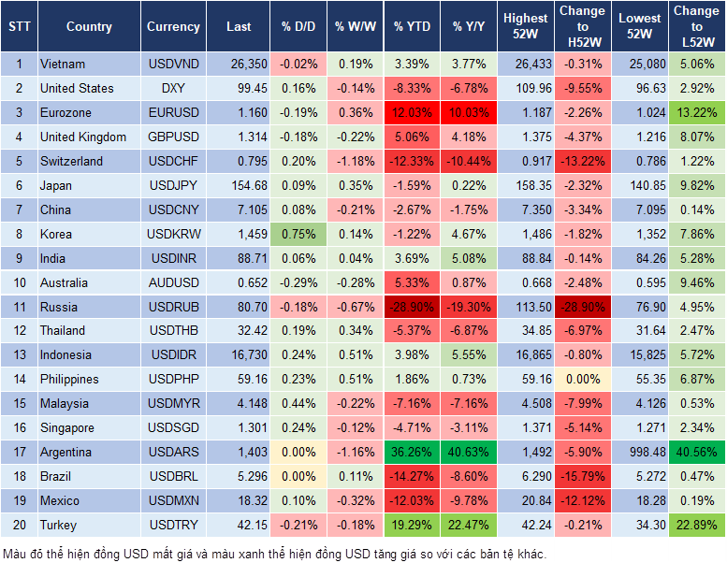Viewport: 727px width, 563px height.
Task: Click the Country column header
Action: point(89,27)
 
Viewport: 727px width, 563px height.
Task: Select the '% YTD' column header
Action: point(413,27)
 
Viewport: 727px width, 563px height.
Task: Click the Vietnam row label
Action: point(63,65)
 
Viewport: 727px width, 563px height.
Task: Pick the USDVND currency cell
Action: point(173,65)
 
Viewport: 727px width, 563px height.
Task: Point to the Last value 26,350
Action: point(239,65)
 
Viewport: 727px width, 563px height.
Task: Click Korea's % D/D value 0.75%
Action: point(298,234)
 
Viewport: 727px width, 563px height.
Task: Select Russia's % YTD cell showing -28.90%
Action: point(413,307)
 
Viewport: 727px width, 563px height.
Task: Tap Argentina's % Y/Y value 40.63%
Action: point(470,453)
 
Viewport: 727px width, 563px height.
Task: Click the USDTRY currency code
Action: point(173,526)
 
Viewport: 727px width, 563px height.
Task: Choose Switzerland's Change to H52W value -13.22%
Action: point(582,161)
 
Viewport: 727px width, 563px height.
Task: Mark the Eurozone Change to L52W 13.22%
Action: point(696,113)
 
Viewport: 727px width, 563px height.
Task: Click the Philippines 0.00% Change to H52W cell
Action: point(582,380)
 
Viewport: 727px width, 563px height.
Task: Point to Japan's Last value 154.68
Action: point(239,185)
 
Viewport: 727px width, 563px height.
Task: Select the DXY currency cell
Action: point(173,89)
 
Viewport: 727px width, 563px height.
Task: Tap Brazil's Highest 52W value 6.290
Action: point(526,477)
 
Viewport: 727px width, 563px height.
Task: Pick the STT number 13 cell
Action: point(19,355)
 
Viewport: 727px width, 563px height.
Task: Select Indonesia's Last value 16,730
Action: point(239,355)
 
